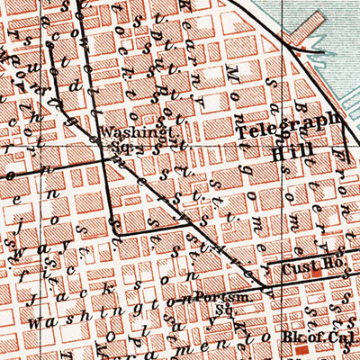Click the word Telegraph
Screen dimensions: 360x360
[x=288, y=120]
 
